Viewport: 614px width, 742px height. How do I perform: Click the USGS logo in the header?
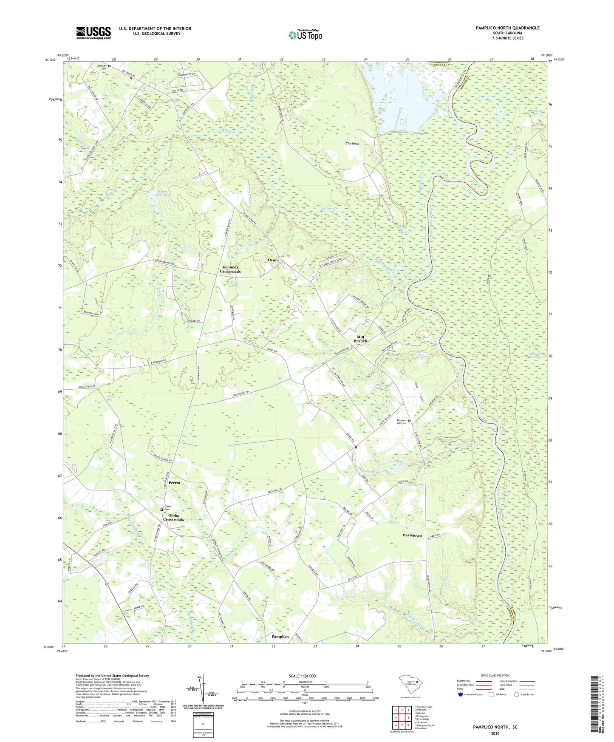pyautogui.click(x=93, y=33)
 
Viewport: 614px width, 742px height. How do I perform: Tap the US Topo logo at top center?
pyautogui.click(x=305, y=35)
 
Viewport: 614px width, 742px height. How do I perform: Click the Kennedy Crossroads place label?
pyautogui.click(x=230, y=269)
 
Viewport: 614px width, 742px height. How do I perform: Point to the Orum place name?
pyautogui.click(x=273, y=260)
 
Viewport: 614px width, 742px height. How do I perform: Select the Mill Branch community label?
pyautogui.click(x=360, y=339)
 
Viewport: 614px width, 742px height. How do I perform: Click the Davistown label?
pyautogui.click(x=412, y=535)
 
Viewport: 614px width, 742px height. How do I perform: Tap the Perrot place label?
pyautogui.click(x=174, y=483)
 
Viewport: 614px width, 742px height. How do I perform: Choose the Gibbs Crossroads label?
pyautogui.click(x=173, y=517)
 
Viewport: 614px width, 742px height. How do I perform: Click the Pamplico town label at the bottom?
pyautogui.click(x=280, y=637)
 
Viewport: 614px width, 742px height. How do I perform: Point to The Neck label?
pyautogui.click(x=352, y=144)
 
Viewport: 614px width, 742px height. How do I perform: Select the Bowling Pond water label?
pyautogui.click(x=396, y=463)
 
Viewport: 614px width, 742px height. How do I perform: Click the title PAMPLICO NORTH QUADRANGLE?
pyautogui.click(x=507, y=28)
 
